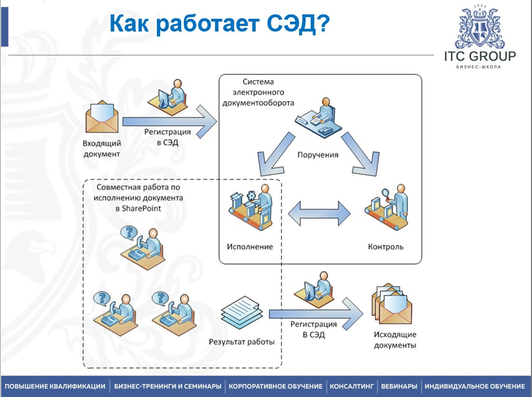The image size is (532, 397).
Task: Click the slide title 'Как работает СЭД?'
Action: (x=219, y=24)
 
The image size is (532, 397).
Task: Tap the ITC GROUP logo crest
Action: (x=480, y=27)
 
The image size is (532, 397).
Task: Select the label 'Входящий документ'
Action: (x=102, y=149)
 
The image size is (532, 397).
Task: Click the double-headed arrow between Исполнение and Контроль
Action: (x=319, y=212)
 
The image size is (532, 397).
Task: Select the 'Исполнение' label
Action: (x=250, y=247)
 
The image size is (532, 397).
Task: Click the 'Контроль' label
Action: (x=386, y=247)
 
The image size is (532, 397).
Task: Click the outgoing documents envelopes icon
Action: (x=394, y=305)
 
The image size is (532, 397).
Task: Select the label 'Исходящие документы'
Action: (x=394, y=340)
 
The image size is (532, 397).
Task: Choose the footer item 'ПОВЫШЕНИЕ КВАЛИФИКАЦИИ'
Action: (x=55, y=386)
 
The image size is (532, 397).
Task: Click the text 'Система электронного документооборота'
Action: (x=258, y=92)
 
